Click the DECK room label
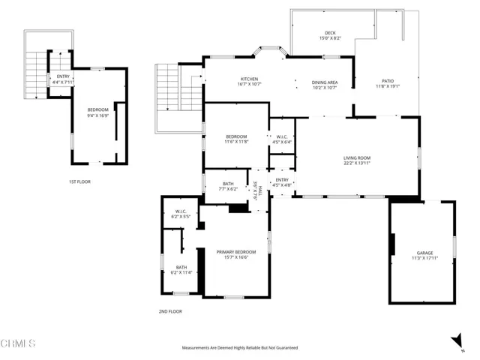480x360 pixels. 330,34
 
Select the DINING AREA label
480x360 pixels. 325,82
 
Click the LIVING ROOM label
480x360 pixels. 358,157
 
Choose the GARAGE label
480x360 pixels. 424,253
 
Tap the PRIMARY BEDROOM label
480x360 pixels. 236,252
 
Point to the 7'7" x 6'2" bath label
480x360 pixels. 229,185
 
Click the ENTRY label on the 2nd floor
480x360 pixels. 282,180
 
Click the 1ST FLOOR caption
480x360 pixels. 79,181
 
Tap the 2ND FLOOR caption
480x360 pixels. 170,311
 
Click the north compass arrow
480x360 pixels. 456,340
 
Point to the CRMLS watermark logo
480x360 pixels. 19,344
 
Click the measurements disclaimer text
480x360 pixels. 239,348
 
